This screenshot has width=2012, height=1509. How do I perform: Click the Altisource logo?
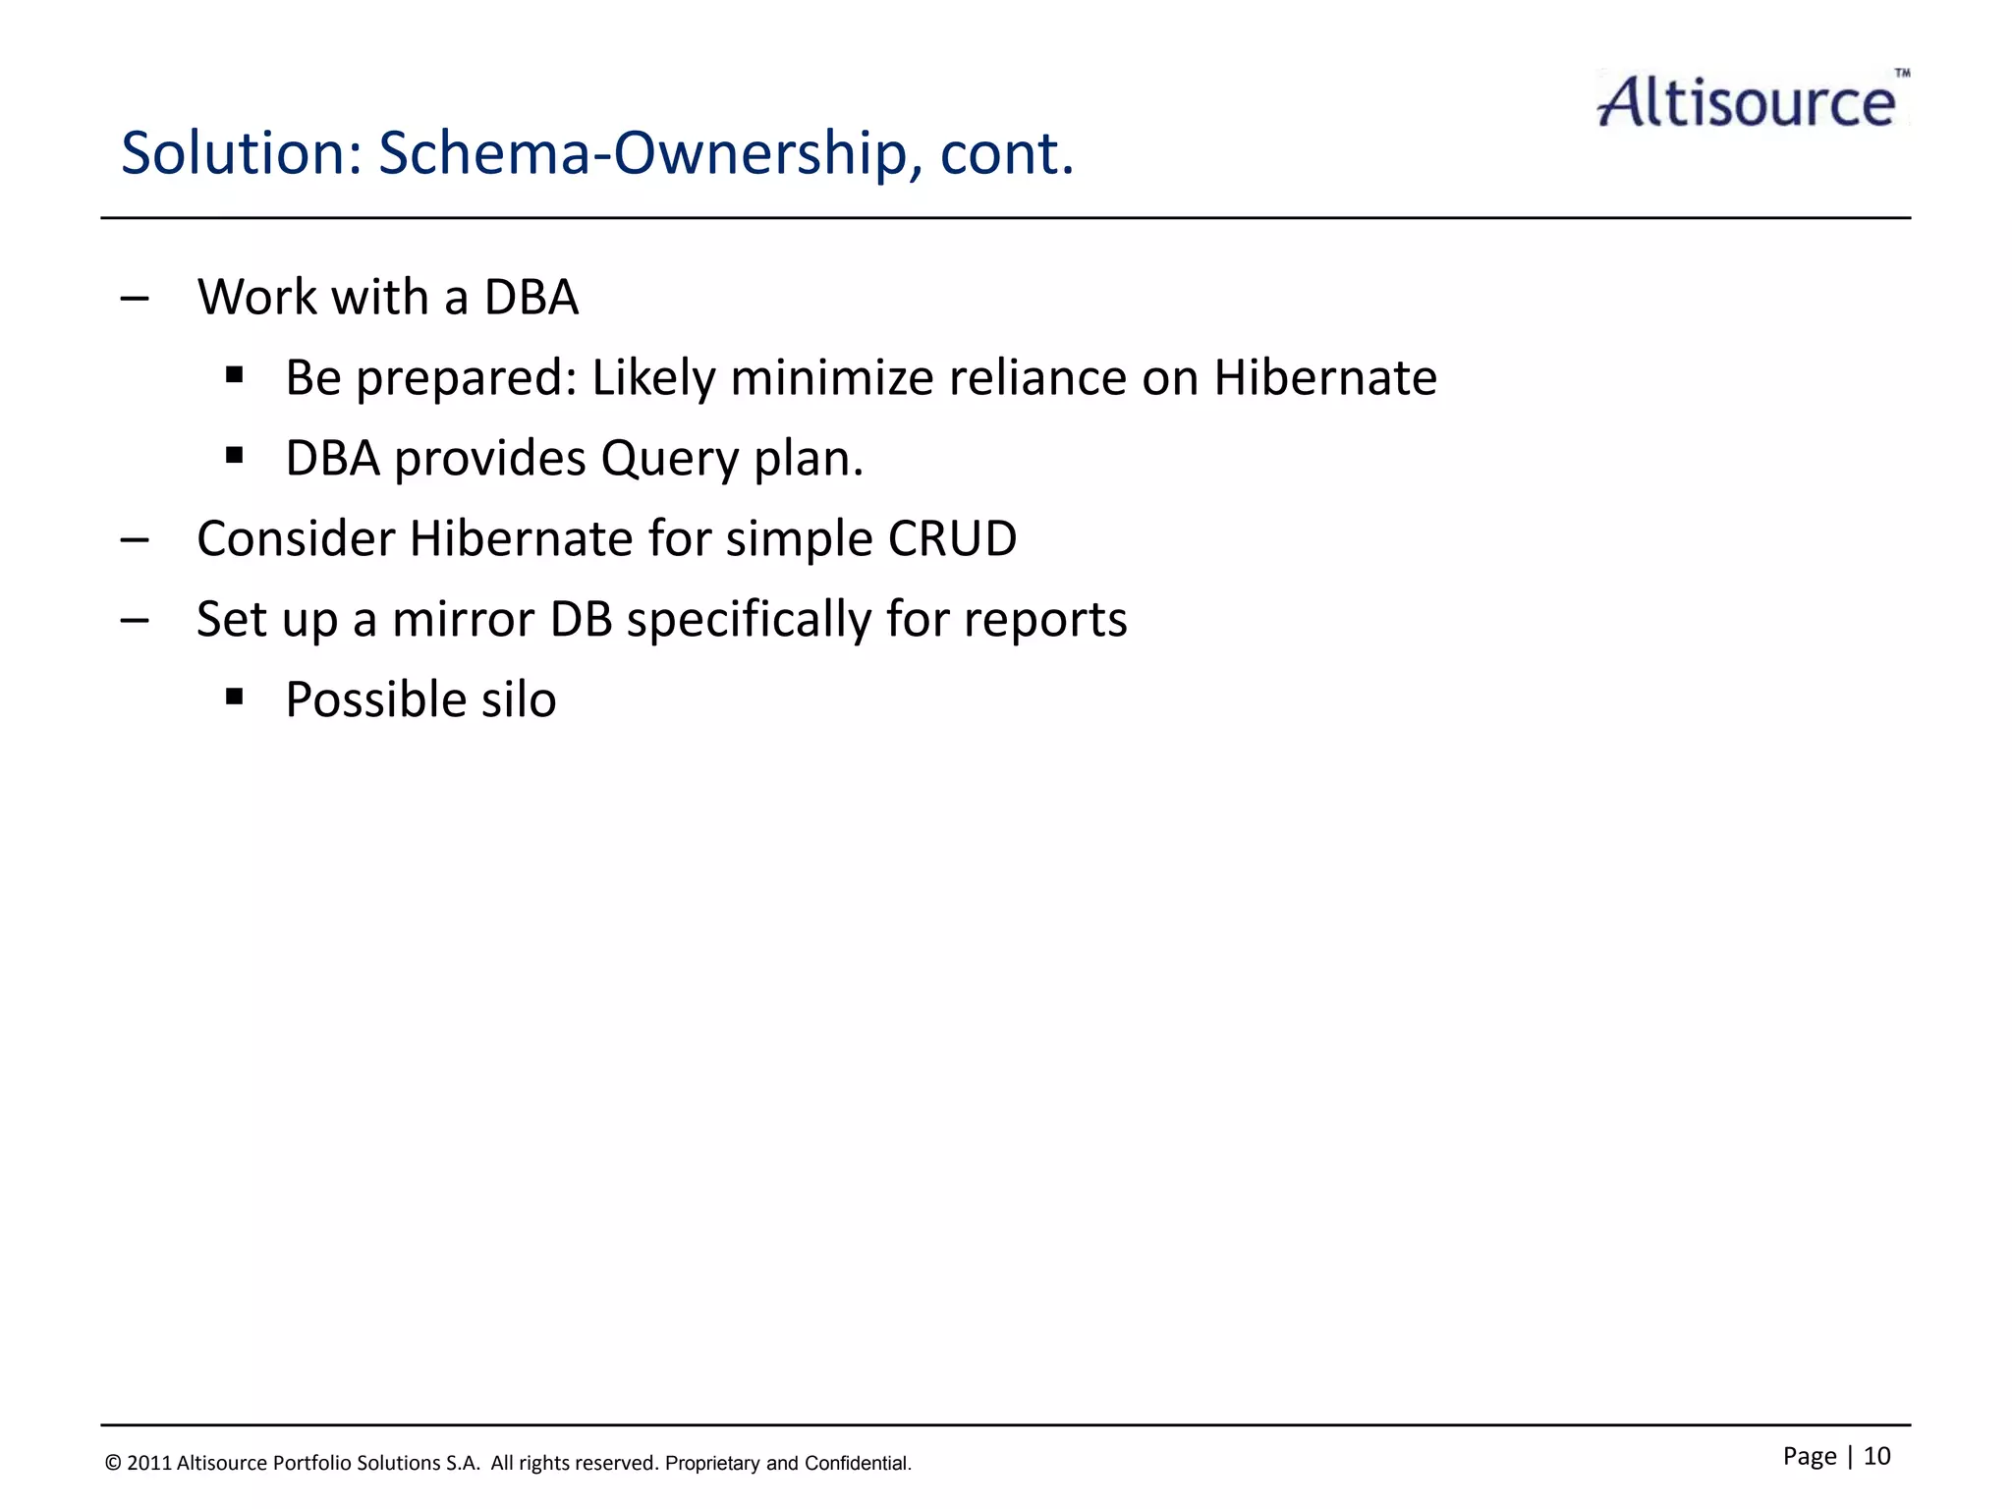1747,101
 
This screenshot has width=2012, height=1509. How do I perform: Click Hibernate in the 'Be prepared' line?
1325,378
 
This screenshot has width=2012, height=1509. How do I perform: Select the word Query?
668,459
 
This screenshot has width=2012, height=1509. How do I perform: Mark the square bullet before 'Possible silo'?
234,697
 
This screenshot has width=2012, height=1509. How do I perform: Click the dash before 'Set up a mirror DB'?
135,620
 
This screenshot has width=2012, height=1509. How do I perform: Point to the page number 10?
1876,1456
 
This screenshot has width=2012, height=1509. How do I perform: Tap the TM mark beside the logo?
1902,73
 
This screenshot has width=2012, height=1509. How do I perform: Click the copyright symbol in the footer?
113,1464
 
